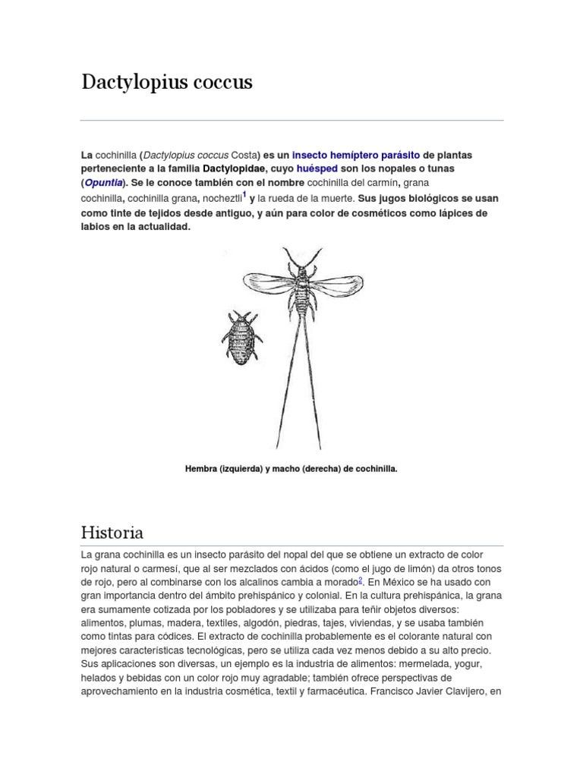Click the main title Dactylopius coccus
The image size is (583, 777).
coord(167,83)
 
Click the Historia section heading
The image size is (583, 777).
coord(112,532)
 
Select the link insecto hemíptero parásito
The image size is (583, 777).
coord(356,154)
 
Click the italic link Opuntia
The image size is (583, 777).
coord(104,183)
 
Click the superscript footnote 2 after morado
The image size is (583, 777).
coord(361,580)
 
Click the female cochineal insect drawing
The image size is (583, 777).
coord(241,338)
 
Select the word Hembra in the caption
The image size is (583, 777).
coord(200,469)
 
